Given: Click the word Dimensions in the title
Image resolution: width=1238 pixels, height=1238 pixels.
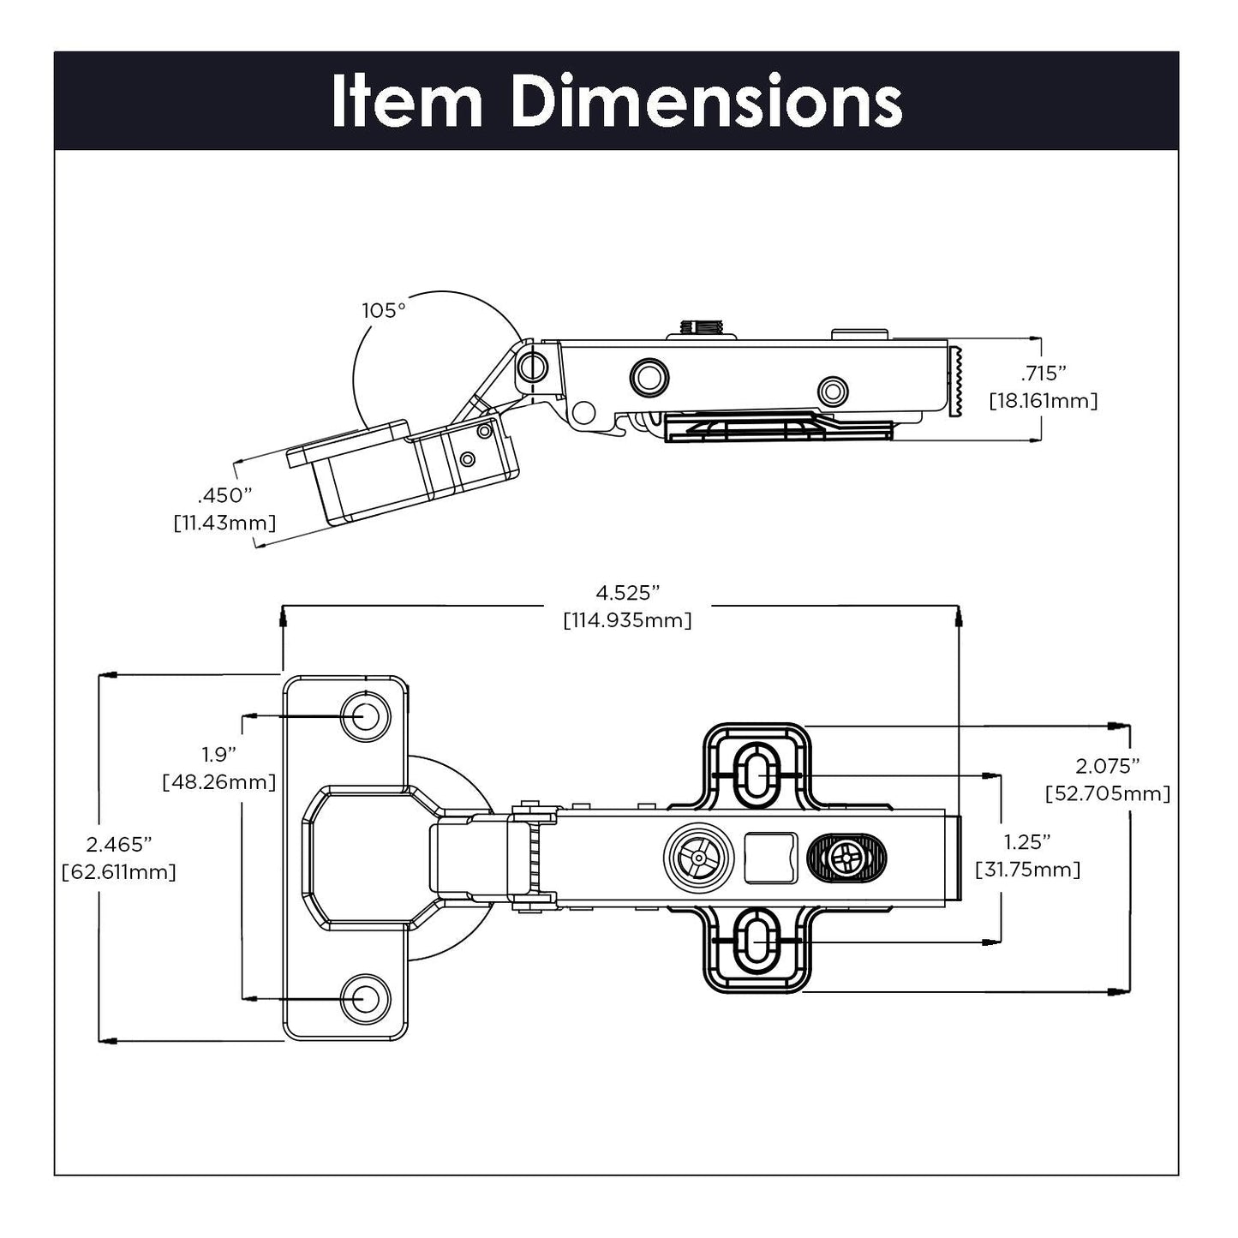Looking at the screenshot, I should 706,102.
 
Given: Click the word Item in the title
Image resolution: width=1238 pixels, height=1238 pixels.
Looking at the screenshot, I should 406,102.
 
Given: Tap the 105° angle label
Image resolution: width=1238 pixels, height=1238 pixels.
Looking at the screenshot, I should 383,310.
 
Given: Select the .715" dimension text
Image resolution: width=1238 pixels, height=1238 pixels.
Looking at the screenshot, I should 1043,374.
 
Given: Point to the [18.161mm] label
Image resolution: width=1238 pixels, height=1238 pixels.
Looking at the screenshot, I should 1043,400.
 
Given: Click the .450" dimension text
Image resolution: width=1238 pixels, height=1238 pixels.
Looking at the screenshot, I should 224,496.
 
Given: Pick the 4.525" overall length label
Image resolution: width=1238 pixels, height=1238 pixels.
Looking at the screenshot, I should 628,592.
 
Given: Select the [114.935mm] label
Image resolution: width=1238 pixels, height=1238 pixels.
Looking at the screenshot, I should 627,620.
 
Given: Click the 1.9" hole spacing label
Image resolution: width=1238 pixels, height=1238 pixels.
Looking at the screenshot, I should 218,754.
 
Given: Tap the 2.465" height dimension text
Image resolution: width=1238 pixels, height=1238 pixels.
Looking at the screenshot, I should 119,844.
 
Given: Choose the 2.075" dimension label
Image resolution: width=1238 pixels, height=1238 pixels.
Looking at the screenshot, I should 1107,765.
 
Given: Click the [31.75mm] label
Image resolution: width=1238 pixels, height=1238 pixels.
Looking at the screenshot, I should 1027,870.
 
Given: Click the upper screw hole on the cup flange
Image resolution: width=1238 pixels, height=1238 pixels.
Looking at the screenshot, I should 365,715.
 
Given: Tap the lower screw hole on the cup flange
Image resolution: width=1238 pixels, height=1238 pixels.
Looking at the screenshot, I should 365,998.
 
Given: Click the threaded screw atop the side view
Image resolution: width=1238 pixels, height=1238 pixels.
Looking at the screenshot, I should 701,327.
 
